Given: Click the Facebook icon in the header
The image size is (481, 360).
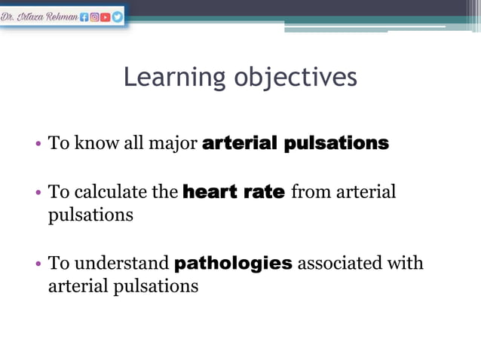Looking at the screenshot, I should click(84, 16).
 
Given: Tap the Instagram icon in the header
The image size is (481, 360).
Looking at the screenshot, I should click(95, 16).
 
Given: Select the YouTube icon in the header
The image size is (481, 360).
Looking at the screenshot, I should click(106, 16).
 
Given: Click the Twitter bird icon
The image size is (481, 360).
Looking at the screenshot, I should click(117, 16).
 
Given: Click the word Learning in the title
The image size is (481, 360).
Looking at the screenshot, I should click(174, 77).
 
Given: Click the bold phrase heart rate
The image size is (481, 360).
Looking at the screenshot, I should click(234, 192).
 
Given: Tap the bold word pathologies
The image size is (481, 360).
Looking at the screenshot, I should click(233, 264).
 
